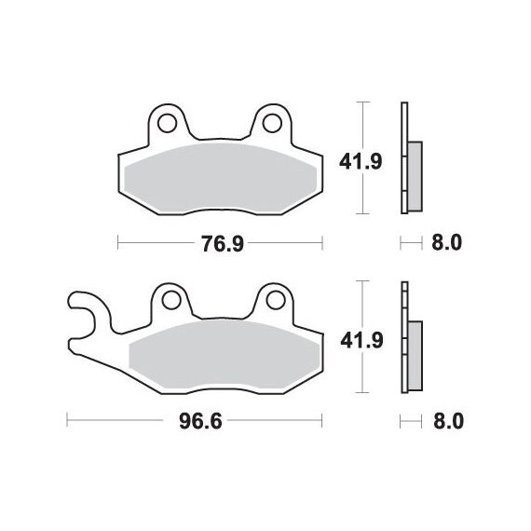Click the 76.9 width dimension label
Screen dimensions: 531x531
(x=223, y=243)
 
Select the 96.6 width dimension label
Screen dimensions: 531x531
(x=200, y=421)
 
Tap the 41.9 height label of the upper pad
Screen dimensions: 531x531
(x=361, y=161)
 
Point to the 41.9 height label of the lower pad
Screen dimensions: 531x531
(x=361, y=340)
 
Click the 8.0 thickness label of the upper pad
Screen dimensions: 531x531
(x=446, y=243)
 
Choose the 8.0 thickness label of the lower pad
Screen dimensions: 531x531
(x=448, y=421)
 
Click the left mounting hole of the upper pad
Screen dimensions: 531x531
(x=168, y=123)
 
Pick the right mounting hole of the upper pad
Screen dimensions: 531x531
(x=272, y=123)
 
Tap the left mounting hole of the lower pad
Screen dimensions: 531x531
(x=171, y=300)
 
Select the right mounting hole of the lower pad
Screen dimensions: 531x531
(x=276, y=300)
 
